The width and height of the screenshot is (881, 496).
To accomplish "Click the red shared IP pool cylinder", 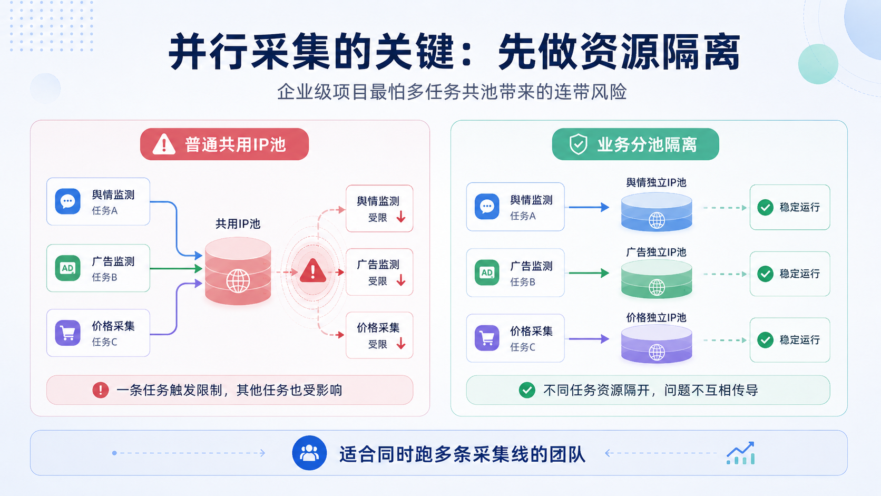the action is [238, 271].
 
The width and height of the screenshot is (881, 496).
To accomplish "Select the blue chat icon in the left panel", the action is [67, 201].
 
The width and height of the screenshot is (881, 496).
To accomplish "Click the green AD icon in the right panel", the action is [487, 272].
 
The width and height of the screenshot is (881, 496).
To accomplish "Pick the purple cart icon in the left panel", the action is [67, 333].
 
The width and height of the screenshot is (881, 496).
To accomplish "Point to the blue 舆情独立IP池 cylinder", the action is [657, 211].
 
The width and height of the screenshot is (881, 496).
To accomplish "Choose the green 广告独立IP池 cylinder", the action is [657, 278].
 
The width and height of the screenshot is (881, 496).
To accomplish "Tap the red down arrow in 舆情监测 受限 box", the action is [401, 217].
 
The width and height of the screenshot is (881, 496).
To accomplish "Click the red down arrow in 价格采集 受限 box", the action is [401, 343].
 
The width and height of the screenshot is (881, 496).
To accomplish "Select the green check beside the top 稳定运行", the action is [766, 207].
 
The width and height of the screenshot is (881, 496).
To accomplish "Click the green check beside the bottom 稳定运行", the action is [766, 340].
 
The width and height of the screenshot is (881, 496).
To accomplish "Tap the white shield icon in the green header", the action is [579, 144].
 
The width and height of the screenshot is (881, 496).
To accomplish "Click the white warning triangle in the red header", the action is [164, 144].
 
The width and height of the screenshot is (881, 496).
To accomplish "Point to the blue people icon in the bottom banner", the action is [309, 453].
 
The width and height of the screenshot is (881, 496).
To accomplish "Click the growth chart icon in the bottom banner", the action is [741, 453].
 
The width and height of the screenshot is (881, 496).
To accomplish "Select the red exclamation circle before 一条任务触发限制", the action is [100, 390].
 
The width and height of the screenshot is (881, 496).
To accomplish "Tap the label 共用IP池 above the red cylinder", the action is [238, 224].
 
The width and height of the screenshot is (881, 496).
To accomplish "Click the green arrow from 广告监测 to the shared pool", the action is [176, 269].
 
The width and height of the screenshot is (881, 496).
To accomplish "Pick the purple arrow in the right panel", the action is [589, 339].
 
